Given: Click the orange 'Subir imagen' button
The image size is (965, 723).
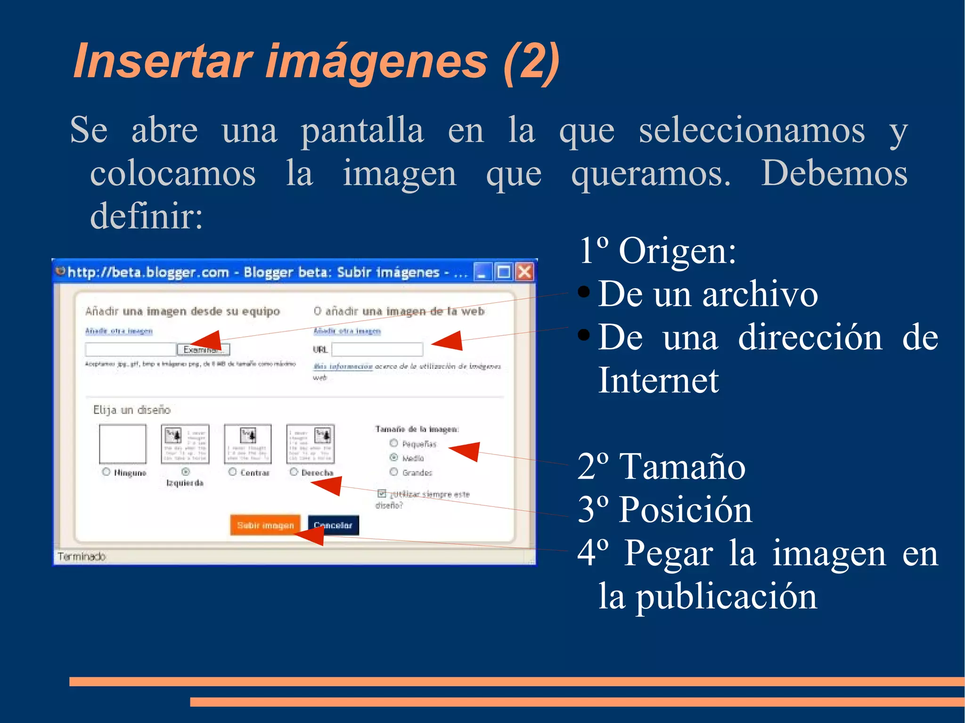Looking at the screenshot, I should point(265,525).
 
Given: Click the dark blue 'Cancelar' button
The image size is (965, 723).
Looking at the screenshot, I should point(333,525).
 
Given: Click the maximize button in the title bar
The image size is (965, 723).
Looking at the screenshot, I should point(504,272).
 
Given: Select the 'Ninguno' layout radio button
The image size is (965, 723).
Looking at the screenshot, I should point(106,472).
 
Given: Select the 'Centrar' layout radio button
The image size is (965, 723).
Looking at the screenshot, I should point(232,472).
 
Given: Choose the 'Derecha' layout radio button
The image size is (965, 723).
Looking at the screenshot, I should point(294,472).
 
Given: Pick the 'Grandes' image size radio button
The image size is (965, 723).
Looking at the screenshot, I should point(394,472).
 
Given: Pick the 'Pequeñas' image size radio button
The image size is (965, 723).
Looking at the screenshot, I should point(394,443).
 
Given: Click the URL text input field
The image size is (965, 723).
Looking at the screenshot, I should point(377,349).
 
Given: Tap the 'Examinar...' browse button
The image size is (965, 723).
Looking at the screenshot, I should point(204,349).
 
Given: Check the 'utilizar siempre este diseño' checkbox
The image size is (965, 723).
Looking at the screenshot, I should point(382,494).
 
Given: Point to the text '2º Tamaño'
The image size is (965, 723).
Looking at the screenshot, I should point(661,466).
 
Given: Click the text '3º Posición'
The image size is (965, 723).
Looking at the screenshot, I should point(664,510).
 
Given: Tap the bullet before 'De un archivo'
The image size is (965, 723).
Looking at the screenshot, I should point(583,292).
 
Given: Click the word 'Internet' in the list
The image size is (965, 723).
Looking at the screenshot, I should point(658,380).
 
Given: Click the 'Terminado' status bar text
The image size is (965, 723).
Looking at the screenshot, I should point(82,557).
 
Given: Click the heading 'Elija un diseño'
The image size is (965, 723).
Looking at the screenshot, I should point(131,410).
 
